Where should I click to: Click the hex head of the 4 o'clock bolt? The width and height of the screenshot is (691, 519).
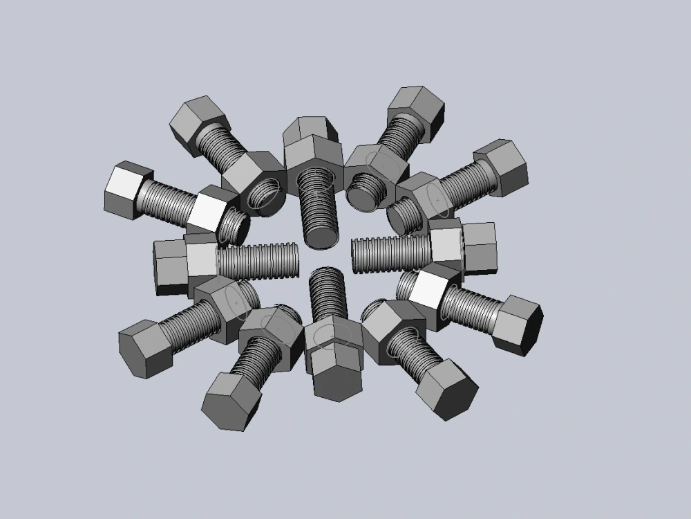click(x=518, y=325)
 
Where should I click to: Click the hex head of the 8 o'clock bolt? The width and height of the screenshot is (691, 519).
click(x=144, y=349)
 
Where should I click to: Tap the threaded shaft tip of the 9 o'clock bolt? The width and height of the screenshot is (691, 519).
click(x=290, y=259)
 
